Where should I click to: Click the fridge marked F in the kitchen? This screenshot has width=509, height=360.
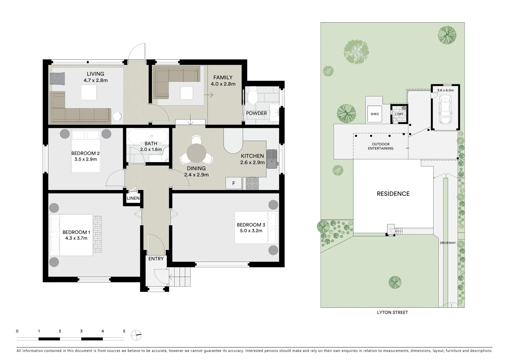coord(234,183)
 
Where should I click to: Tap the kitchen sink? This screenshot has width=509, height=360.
coord(272,158)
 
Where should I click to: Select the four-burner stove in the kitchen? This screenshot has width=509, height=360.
coord(252,183)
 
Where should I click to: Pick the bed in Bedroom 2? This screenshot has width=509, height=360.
coord(86,151)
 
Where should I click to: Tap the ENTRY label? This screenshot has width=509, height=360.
coord(156,259)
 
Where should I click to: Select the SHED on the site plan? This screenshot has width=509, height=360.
coord(374,114)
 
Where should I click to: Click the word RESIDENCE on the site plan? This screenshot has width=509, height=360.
coord(393,194)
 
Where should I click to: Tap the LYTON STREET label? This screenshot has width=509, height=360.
coord(392,313)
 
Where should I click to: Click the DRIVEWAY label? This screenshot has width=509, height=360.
coord(447,243)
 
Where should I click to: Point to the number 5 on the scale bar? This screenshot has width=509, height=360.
coord(124,331)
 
